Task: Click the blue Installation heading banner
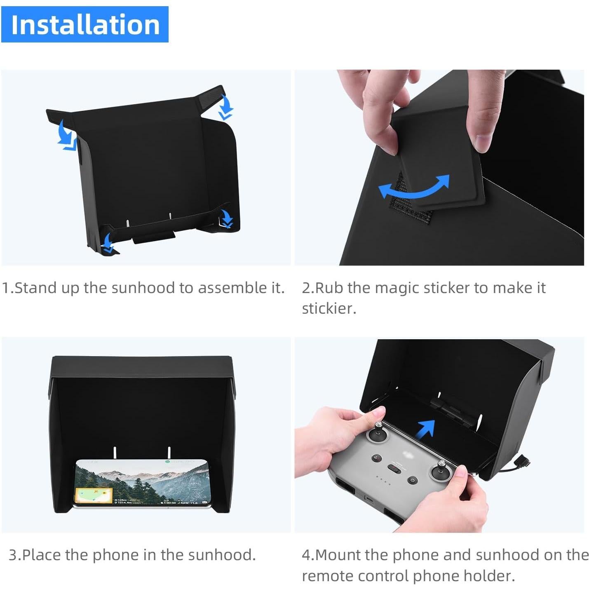coord(84,24)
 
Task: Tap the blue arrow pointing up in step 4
coord(425,429)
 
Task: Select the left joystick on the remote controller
coord(379,432)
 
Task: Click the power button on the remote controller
coord(413,480)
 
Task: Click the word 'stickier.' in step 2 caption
coord(329,308)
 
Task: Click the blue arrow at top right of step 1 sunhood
coord(225,107)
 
